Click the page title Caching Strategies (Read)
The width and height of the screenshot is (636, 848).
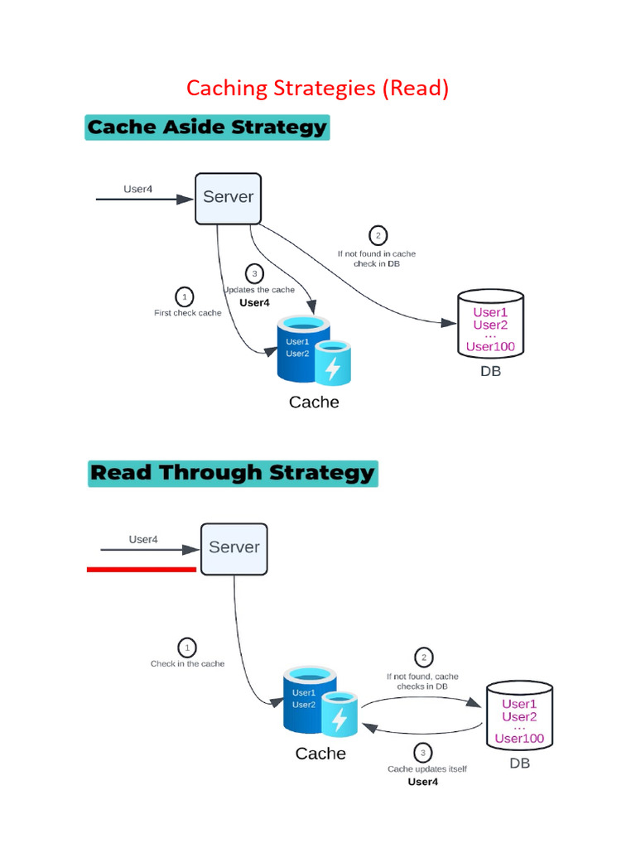[317, 88]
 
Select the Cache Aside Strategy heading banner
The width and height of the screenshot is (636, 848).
[207, 128]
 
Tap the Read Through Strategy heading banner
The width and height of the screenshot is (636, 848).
[232, 473]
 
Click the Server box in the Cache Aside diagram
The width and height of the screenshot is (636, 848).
[228, 198]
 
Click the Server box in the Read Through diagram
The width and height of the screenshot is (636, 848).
[234, 548]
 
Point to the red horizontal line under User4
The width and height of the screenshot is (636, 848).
[142, 569]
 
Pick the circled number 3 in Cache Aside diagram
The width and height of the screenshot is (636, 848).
[254, 273]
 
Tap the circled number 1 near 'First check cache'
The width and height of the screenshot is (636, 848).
[184, 296]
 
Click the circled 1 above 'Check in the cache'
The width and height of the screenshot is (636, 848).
[187, 647]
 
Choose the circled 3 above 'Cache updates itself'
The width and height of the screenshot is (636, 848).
[423, 753]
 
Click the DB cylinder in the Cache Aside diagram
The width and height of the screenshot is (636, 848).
[490, 324]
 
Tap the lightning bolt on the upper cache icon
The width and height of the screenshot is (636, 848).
[332, 368]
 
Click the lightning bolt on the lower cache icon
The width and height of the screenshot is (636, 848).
[339, 719]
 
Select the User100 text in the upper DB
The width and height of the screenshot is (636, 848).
[490, 346]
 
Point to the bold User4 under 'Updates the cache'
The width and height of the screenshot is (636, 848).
[254, 303]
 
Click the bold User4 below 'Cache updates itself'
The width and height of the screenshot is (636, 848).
[423, 782]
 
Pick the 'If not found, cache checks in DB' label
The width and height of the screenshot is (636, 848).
[422, 682]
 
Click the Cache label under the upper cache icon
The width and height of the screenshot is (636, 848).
[314, 402]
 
